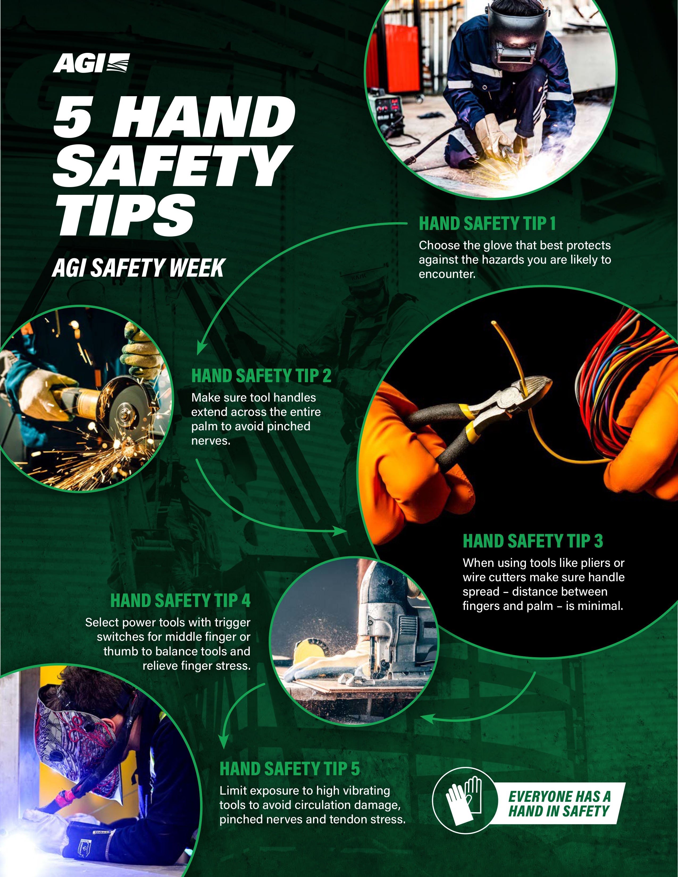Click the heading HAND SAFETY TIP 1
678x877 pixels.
pyautogui.click(x=487, y=224)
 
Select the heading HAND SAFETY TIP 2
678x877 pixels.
pyautogui.click(x=261, y=376)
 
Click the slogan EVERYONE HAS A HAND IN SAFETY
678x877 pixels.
pyautogui.click(x=559, y=803)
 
